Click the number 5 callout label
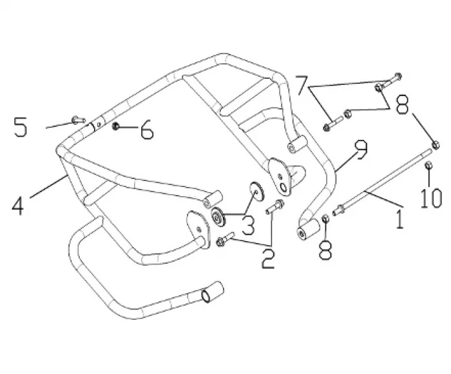click(x=21, y=126)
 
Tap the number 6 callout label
click(x=147, y=130)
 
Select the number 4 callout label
click(x=18, y=206)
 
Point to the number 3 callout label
click(x=247, y=225)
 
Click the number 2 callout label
click(x=268, y=259)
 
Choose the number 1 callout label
click(x=399, y=219)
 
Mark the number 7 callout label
click(x=303, y=85)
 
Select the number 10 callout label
click(x=431, y=198)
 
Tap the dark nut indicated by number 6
click(x=115, y=126)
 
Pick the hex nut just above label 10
click(x=428, y=165)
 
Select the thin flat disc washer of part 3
click(x=257, y=191)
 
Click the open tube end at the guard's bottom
click(x=206, y=295)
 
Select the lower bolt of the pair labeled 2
click(x=225, y=239)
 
